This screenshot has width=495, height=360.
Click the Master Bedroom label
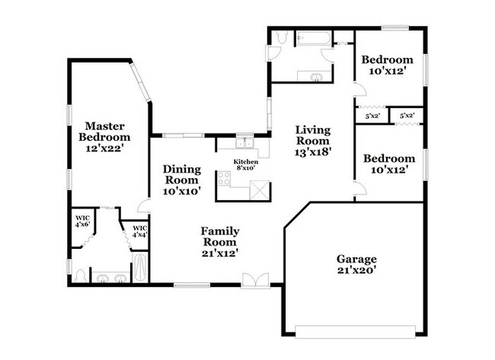[x=104, y=137]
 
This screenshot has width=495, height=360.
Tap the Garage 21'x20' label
[x=356, y=264]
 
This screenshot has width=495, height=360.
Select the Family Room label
[x=220, y=242]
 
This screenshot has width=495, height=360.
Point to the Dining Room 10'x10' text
[x=182, y=180]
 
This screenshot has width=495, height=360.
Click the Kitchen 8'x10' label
[x=246, y=164]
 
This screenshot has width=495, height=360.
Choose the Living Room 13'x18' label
[x=313, y=141]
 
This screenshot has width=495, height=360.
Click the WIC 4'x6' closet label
[x=82, y=221]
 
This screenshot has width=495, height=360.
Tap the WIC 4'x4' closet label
[x=140, y=231]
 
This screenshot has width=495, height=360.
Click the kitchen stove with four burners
[x=224, y=178]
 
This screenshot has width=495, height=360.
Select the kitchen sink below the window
[x=245, y=143]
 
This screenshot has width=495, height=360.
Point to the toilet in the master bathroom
[x=80, y=276]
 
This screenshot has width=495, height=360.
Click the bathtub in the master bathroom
[x=140, y=267]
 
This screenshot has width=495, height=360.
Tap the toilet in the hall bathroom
[x=281, y=37]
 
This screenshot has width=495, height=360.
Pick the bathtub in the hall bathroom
[x=313, y=39]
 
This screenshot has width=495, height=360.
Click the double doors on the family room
[x=256, y=280]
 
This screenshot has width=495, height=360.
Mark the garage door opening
[x=355, y=332]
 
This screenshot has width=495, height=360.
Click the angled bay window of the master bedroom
[x=140, y=82]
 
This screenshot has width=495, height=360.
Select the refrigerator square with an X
[x=260, y=190]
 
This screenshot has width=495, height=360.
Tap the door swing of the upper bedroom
[x=360, y=89]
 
